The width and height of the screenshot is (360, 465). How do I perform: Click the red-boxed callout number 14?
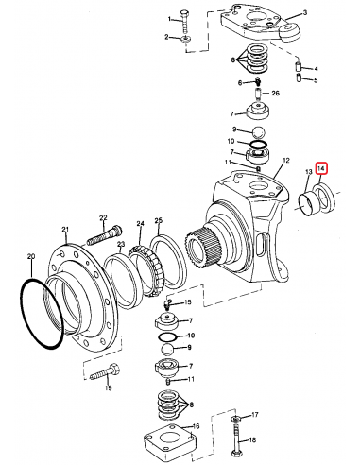click(x=322, y=170)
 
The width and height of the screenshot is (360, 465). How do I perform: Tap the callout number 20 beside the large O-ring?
click(x=31, y=256)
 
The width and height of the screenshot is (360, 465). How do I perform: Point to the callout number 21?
click(x=65, y=230)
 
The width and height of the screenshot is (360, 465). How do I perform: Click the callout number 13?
click(x=308, y=171)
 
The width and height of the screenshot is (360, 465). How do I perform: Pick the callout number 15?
click(x=188, y=302)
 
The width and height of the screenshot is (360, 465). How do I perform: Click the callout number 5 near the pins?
click(x=316, y=80)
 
